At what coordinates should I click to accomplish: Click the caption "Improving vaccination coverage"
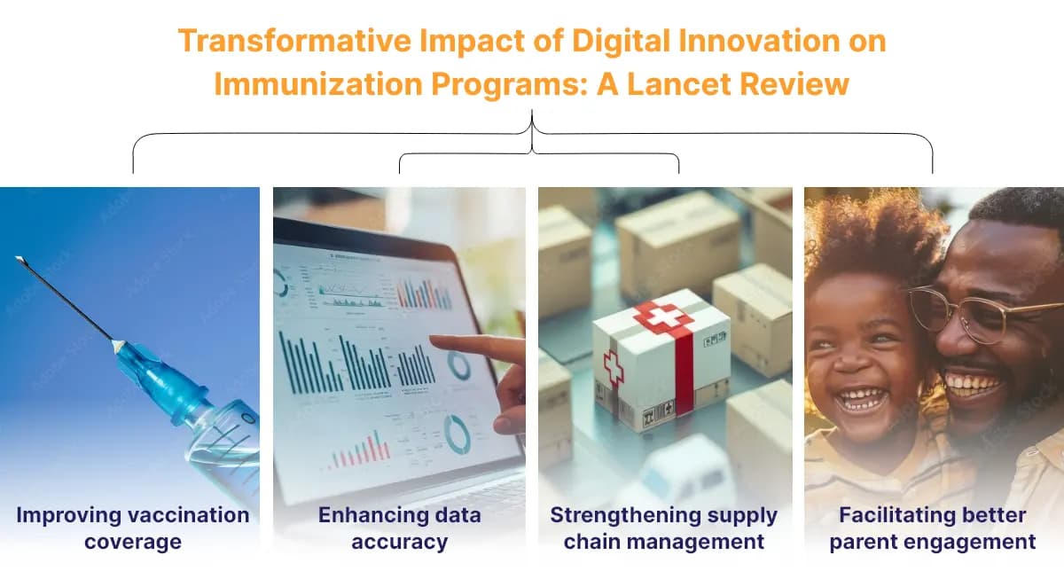point(132,528)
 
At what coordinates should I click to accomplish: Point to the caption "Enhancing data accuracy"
point(399,528)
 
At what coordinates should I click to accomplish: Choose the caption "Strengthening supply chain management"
point(664,528)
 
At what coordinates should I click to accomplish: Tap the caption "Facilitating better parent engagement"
point(932,528)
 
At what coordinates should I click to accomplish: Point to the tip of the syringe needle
point(19,259)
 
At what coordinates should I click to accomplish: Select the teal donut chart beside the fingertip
point(458,365)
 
